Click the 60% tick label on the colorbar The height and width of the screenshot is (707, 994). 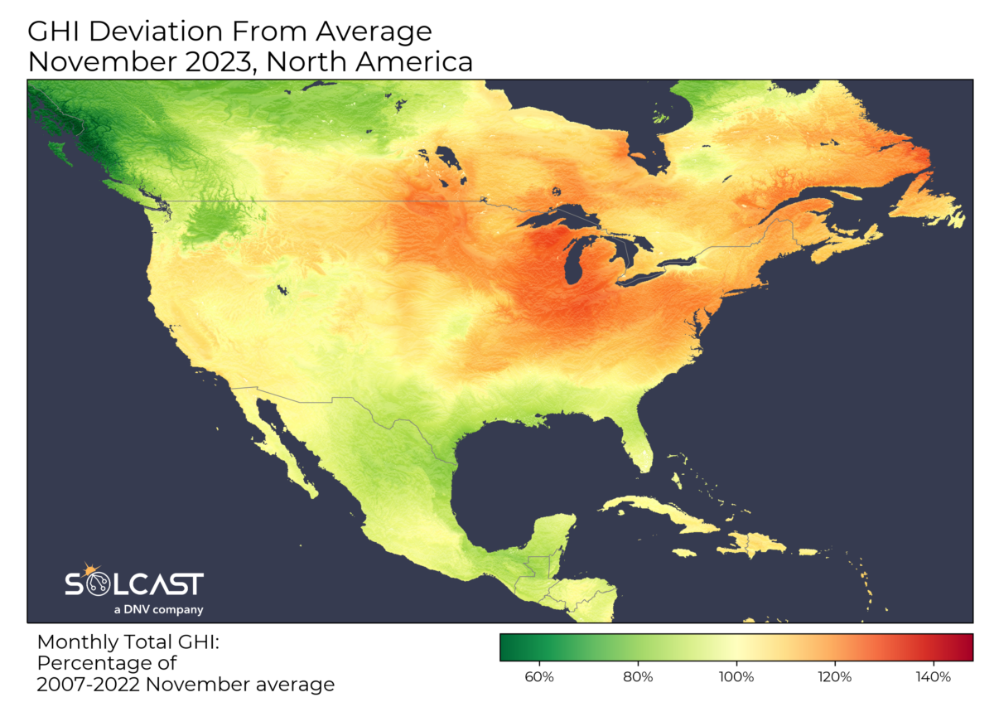click(x=540, y=676)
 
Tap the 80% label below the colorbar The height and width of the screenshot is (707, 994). click(x=639, y=676)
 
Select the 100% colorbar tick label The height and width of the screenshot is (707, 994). click(x=736, y=676)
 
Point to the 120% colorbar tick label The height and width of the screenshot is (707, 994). click(x=835, y=676)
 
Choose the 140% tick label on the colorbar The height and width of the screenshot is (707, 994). click(x=934, y=676)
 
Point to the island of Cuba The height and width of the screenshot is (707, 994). click(x=654, y=510)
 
